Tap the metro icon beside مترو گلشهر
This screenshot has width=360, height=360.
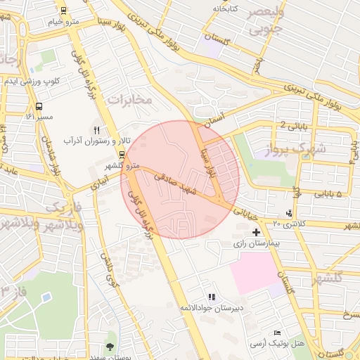point(122,155)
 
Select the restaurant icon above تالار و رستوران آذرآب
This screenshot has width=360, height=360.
point(97,130)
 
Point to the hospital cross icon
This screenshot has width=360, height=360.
point(256,231)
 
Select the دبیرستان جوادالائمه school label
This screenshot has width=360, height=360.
point(212,308)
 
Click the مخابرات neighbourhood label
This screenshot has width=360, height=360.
point(130,99)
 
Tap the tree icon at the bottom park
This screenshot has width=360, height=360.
point(110,346)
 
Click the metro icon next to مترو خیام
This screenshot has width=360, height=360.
point(64,11)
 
